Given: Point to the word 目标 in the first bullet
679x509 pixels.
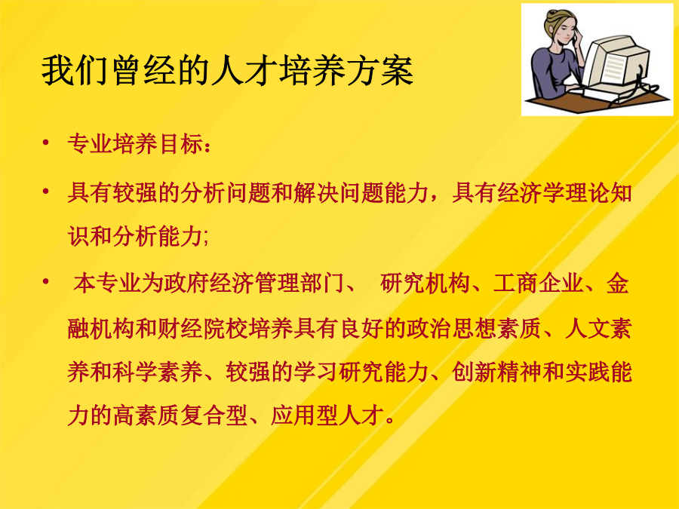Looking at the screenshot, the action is coord(180,144).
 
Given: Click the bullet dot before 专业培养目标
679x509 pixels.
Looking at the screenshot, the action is coord(46,143).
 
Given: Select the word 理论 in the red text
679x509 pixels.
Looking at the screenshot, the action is coord(587,192).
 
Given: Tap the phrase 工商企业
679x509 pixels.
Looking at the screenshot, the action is coord(538,284).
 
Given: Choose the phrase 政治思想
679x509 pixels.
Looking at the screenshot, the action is coord(451,330).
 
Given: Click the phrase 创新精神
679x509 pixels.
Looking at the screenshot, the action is coord(496,373).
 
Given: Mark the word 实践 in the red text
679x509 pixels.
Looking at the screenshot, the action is coord(587,373).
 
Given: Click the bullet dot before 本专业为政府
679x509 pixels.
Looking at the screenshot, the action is coord(46,282).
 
